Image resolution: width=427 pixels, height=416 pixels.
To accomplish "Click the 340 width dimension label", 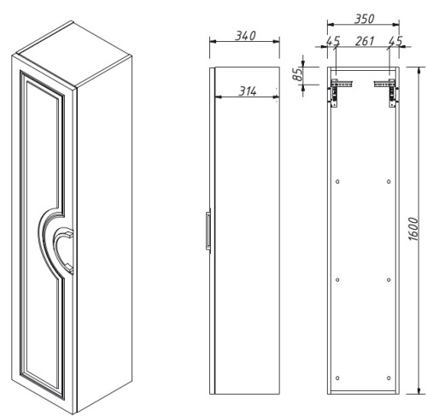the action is coord(245,36).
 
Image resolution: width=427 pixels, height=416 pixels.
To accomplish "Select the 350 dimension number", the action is coord(364,19).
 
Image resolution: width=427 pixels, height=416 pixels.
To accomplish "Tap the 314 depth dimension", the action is coord(248,91).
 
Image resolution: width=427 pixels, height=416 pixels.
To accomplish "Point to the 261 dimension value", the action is coord(365,41).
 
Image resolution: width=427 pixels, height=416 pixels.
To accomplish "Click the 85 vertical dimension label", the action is coord(298,74).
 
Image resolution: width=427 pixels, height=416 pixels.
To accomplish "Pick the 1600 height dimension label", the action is coord(413,229).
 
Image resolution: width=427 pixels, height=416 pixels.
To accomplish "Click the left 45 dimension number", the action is coord(333,41).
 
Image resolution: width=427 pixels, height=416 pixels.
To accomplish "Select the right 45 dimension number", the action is coord(395,41).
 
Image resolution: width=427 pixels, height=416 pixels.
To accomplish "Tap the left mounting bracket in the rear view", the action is coord(340,92).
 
